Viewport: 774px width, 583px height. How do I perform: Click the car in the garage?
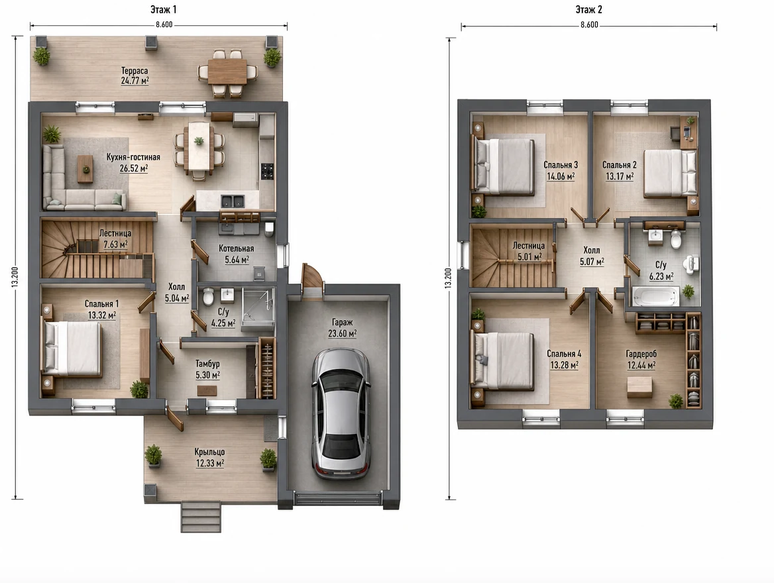(341, 413)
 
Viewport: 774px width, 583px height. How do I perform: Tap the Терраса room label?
(135, 71)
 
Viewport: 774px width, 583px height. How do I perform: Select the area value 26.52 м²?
(134, 168)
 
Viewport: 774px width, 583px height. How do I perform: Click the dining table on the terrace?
(227, 72)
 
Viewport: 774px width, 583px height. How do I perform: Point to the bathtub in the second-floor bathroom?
(655, 297)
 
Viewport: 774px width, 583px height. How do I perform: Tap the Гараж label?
(343, 323)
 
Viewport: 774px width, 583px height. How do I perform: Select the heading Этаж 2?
(588, 9)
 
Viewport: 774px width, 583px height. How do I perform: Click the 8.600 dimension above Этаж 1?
(164, 25)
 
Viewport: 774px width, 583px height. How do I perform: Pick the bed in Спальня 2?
(670, 174)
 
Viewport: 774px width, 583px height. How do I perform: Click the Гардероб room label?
(641, 354)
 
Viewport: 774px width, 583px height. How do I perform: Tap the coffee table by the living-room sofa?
(85, 169)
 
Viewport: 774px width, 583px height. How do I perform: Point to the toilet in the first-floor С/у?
(208, 297)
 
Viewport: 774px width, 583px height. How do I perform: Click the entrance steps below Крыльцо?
(200, 516)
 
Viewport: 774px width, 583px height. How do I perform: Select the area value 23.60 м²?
(343, 334)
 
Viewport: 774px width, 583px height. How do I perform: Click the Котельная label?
(237, 248)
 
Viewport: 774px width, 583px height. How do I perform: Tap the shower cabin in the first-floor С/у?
(258, 307)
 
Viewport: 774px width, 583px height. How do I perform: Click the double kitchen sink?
(232, 201)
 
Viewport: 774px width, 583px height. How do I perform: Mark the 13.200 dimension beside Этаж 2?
(448, 278)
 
